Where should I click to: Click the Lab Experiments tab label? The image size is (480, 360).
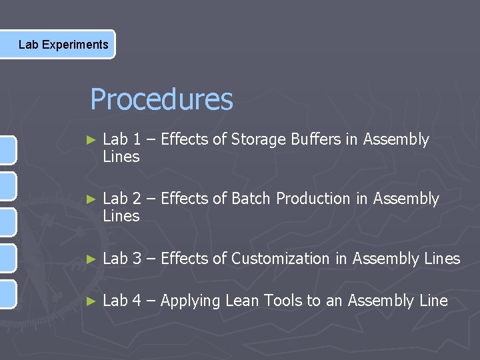click(63, 45)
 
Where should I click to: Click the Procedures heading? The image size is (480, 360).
click(161, 100)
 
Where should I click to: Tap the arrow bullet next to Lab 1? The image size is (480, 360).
click(92, 140)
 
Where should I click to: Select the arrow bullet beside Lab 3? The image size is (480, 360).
click(92, 259)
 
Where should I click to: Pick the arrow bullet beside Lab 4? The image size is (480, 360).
click(92, 301)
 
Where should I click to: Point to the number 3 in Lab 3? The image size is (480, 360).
click(136, 259)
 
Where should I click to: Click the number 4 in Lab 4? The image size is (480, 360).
click(136, 301)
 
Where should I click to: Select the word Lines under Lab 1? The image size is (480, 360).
click(121, 157)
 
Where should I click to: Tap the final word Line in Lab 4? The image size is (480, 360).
click(433, 301)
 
